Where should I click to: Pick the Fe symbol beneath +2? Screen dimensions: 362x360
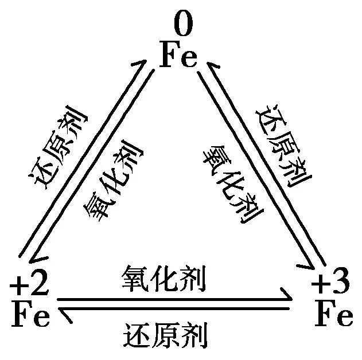tap(30, 314)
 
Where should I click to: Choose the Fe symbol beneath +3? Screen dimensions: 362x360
tap(334, 314)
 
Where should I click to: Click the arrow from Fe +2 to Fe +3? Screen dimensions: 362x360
tap(172, 299)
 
